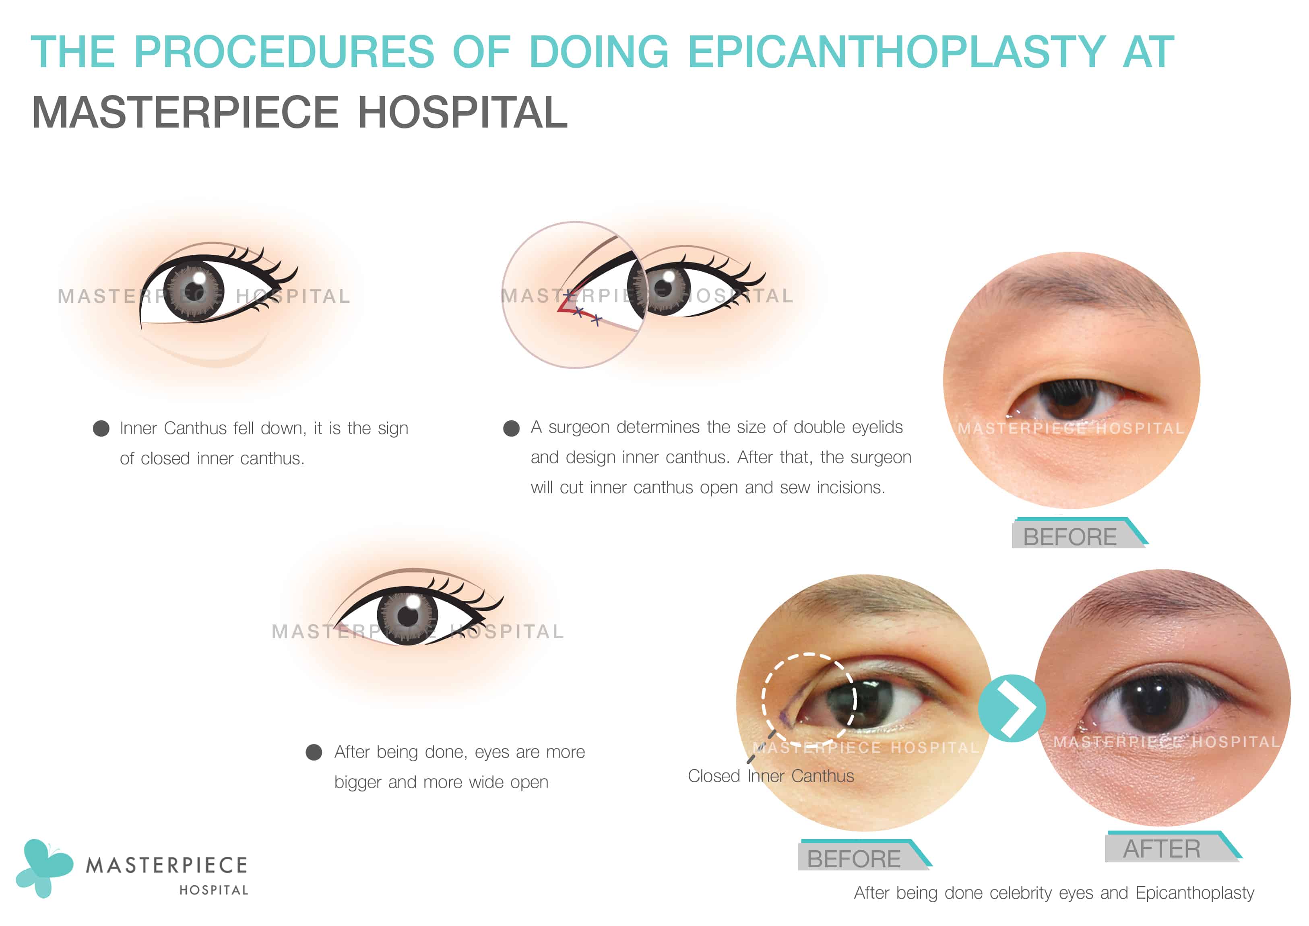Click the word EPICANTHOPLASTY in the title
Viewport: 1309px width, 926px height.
click(x=897, y=52)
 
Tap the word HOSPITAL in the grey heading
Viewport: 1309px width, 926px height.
click(x=462, y=112)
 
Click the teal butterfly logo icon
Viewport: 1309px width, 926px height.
click(x=44, y=867)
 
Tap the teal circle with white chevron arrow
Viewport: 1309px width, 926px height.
click(x=1012, y=708)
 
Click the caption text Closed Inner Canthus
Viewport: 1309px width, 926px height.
click(x=771, y=776)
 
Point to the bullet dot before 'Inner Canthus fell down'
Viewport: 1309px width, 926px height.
click(x=101, y=428)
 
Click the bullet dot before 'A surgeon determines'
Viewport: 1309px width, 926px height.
click(x=511, y=428)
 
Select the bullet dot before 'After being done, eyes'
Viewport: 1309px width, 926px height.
click(x=314, y=752)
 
